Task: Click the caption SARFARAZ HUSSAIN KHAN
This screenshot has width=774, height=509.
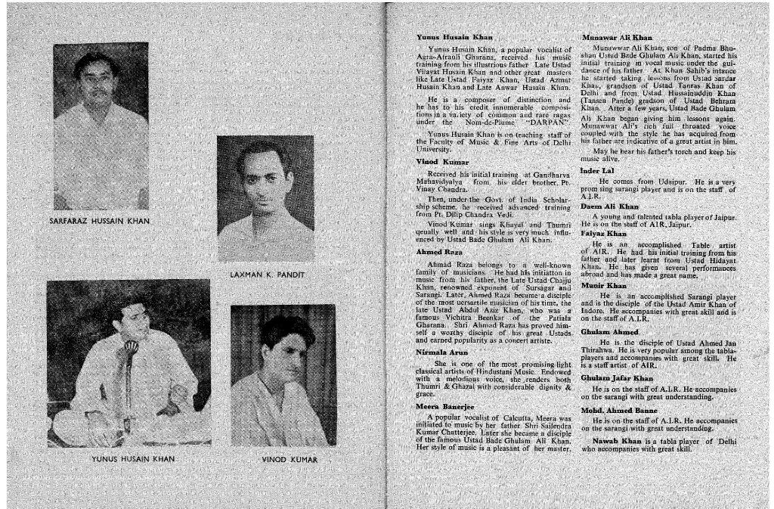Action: click(x=100, y=221)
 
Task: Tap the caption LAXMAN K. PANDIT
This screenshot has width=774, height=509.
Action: click(x=266, y=274)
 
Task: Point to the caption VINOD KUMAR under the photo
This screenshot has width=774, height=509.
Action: click(x=289, y=459)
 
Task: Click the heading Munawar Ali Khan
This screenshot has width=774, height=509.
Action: click(x=618, y=37)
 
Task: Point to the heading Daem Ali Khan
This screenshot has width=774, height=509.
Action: click(x=610, y=206)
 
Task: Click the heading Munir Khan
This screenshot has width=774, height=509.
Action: click(x=603, y=286)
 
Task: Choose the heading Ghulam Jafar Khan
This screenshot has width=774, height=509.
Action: click(x=618, y=377)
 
